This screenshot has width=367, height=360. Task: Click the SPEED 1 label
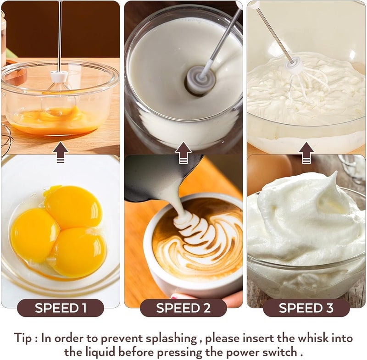[61, 308]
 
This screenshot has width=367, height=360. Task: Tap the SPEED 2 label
[183, 308]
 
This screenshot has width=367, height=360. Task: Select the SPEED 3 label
[306, 308]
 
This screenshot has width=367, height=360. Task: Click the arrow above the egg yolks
[61, 152]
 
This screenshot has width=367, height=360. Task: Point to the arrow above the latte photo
[183, 153]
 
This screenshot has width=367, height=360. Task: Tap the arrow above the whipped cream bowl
[306, 153]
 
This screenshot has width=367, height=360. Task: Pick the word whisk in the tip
[302, 338]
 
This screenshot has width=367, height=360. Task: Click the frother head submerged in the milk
[200, 81]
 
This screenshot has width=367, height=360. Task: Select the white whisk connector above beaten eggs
[59, 76]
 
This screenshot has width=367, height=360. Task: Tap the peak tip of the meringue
[336, 172]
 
